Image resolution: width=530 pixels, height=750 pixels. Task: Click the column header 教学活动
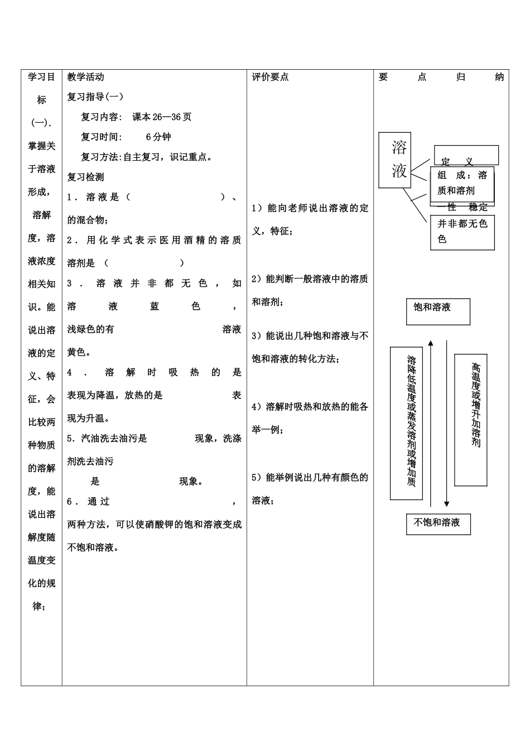85,77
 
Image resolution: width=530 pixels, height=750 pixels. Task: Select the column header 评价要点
271,77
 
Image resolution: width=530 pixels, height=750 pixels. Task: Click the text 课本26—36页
162,117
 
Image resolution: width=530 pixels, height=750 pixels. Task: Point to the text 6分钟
158,137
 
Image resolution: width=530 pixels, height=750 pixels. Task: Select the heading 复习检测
85,177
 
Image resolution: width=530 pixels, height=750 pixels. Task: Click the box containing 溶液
395,160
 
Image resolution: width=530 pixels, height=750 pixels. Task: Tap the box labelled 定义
466,156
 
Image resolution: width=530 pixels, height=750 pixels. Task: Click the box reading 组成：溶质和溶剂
462,182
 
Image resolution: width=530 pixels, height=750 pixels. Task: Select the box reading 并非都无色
462,232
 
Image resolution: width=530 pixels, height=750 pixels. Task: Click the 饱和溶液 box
438,311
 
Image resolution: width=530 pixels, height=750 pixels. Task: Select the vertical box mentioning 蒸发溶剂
406,423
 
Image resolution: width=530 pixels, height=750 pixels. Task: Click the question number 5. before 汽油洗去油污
71,439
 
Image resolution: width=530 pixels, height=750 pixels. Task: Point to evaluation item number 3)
257,336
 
